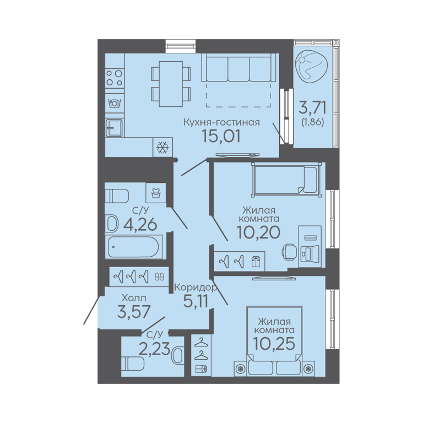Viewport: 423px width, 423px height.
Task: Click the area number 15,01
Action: click(x=221, y=136)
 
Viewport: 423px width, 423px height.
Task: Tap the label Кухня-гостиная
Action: click(x=221, y=122)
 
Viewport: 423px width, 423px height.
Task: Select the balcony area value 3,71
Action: click(x=312, y=107)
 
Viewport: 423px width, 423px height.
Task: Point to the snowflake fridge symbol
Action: click(x=162, y=147)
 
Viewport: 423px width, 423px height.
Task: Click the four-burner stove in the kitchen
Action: click(x=115, y=78)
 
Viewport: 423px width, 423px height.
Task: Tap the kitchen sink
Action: click(x=115, y=128)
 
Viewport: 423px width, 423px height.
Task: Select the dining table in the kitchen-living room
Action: click(x=171, y=84)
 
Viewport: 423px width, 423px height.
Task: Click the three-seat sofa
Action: click(x=240, y=67)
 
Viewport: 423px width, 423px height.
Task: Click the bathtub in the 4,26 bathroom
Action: click(x=133, y=247)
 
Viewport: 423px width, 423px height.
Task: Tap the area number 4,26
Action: click(x=140, y=224)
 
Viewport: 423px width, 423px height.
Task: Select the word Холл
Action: click(x=134, y=298)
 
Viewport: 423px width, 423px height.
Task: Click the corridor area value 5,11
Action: click(x=196, y=301)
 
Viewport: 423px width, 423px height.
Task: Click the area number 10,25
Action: click(x=274, y=344)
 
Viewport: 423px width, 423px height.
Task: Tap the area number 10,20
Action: click(x=258, y=232)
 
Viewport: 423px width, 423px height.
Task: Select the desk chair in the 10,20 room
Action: click(x=289, y=252)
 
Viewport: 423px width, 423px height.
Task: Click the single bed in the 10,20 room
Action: click(x=286, y=180)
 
